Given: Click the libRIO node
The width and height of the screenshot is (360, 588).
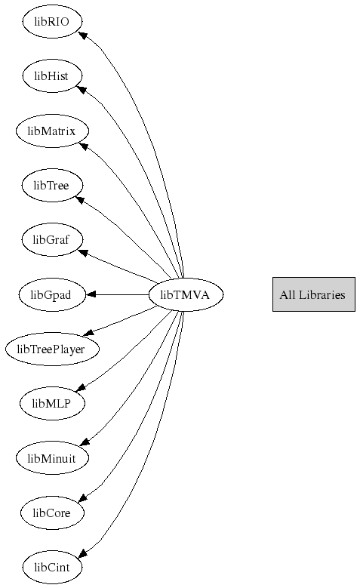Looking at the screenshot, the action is point(52,21).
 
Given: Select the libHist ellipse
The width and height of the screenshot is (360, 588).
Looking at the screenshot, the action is point(52,75).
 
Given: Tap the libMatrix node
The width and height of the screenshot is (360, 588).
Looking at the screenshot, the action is point(52,131).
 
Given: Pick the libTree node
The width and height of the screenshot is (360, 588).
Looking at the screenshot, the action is point(52,185).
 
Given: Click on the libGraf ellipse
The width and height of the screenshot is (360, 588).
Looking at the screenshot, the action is point(52,239).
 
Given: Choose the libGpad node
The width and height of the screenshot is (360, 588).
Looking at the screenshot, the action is point(52,294).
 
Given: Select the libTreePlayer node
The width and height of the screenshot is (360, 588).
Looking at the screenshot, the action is point(52,349).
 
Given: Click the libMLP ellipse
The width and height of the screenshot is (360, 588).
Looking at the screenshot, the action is point(52,404).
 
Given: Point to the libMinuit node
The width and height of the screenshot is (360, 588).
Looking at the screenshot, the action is point(52,458).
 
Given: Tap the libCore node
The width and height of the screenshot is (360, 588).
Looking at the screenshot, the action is point(52,513).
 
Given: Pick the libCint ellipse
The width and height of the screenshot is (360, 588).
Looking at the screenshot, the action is point(52,567).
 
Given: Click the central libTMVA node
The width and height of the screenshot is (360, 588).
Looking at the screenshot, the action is point(186,294).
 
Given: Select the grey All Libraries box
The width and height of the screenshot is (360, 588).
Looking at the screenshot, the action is point(314,294).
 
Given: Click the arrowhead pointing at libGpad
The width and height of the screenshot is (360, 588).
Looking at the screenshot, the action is point(91,294).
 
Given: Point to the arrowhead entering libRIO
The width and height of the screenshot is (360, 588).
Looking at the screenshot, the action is point(83,36).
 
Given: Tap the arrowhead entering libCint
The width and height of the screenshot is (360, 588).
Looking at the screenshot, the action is point(83,553).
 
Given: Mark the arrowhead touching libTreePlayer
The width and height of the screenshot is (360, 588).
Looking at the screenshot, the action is point(88,332).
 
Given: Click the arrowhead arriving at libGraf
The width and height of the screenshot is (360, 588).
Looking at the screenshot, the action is point(83,253).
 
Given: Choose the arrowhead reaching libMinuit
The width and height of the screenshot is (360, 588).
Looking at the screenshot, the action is point(85,442).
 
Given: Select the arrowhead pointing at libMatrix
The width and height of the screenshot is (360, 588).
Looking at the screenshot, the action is point(84,146).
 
